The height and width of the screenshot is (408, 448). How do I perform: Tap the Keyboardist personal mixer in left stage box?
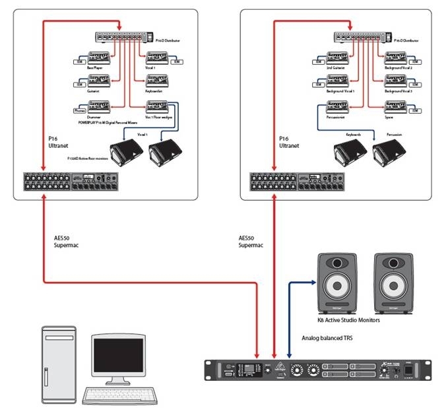(x=156, y=81)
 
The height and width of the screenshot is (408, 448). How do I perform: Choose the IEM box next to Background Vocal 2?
(x=415, y=61)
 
